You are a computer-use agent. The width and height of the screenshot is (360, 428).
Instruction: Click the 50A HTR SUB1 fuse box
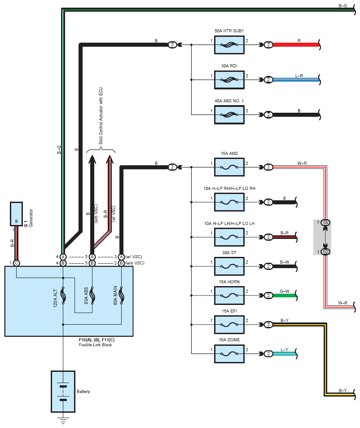(x=229, y=44)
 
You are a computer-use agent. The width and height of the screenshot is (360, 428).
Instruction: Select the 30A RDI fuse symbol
(x=229, y=79)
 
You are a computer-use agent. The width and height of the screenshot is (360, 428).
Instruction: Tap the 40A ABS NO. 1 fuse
(x=229, y=114)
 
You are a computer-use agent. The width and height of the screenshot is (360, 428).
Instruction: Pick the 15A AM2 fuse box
(x=229, y=167)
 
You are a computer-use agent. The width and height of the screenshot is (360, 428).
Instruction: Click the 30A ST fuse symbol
(x=229, y=266)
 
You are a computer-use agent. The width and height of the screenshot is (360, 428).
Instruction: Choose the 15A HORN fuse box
(x=229, y=295)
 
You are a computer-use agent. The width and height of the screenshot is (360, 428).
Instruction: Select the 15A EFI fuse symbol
(x=229, y=324)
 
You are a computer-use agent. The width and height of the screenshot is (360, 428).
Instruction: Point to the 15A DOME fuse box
(x=229, y=353)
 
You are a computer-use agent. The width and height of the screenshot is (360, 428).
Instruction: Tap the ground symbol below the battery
(x=63, y=421)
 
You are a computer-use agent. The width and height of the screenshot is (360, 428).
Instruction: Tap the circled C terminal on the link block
(x=16, y=263)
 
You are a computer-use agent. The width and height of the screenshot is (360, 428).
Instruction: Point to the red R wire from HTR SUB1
(x=296, y=44)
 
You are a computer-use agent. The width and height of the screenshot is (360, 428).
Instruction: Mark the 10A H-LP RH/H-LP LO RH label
(x=229, y=188)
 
